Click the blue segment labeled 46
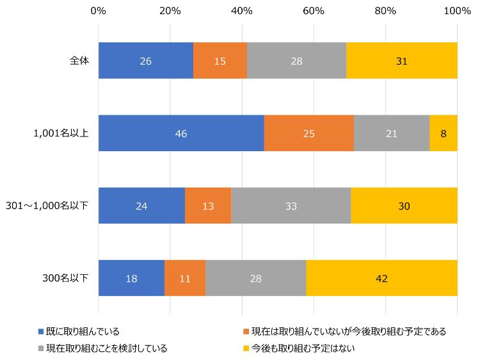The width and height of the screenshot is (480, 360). click(x=181, y=133)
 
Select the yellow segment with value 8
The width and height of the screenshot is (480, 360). click(x=444, y=133)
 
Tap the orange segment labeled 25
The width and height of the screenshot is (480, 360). click(x=308, y=133)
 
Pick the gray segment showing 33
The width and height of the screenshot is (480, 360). click(x=291, y=206)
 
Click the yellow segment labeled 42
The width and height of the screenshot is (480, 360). click(x=381, y=278)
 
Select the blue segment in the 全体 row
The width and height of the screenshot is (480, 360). click(x=146, y=61)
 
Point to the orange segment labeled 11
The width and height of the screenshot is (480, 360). click(x=185, y=278)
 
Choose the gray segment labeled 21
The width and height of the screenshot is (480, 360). click(x=391, y=133)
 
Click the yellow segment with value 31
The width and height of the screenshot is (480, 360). click(x=401, y=61)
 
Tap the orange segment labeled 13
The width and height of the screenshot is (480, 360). click(x=208, y=206)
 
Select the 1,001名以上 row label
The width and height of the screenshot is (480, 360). click(x=61, y=133)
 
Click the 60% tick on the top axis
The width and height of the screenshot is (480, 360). click(x=314, y=11)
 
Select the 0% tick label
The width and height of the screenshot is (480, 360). click(x=99, y=11)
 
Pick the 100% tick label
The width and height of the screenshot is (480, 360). click(x=457, y=11)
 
